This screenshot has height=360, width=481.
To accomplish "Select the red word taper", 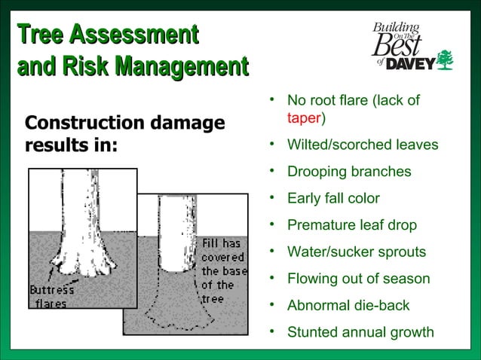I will [304, 118].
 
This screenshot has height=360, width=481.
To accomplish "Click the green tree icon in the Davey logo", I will [446, 59].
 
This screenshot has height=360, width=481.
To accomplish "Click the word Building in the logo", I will [394, 28].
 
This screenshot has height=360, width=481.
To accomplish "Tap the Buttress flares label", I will [51, 297].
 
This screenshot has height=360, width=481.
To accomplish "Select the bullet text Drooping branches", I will [349, 172].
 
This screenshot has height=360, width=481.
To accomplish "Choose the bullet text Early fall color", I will [333, 199].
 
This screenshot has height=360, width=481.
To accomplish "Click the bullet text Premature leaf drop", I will [352, 225].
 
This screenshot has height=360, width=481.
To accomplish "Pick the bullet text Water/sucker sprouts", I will [357, 252].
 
